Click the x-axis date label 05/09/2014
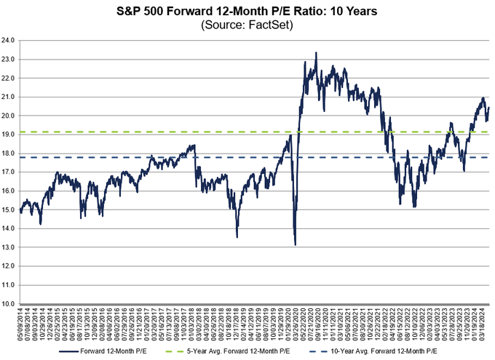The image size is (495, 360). (21, 323)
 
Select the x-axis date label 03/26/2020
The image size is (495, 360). (295, 323)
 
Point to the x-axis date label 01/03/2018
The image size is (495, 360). (193, 323)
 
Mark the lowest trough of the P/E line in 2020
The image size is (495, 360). (295, 244)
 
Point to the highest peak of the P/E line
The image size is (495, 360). (315, 52)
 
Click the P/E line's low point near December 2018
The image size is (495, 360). (237, 236)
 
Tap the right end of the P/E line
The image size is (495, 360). (489, 108)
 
